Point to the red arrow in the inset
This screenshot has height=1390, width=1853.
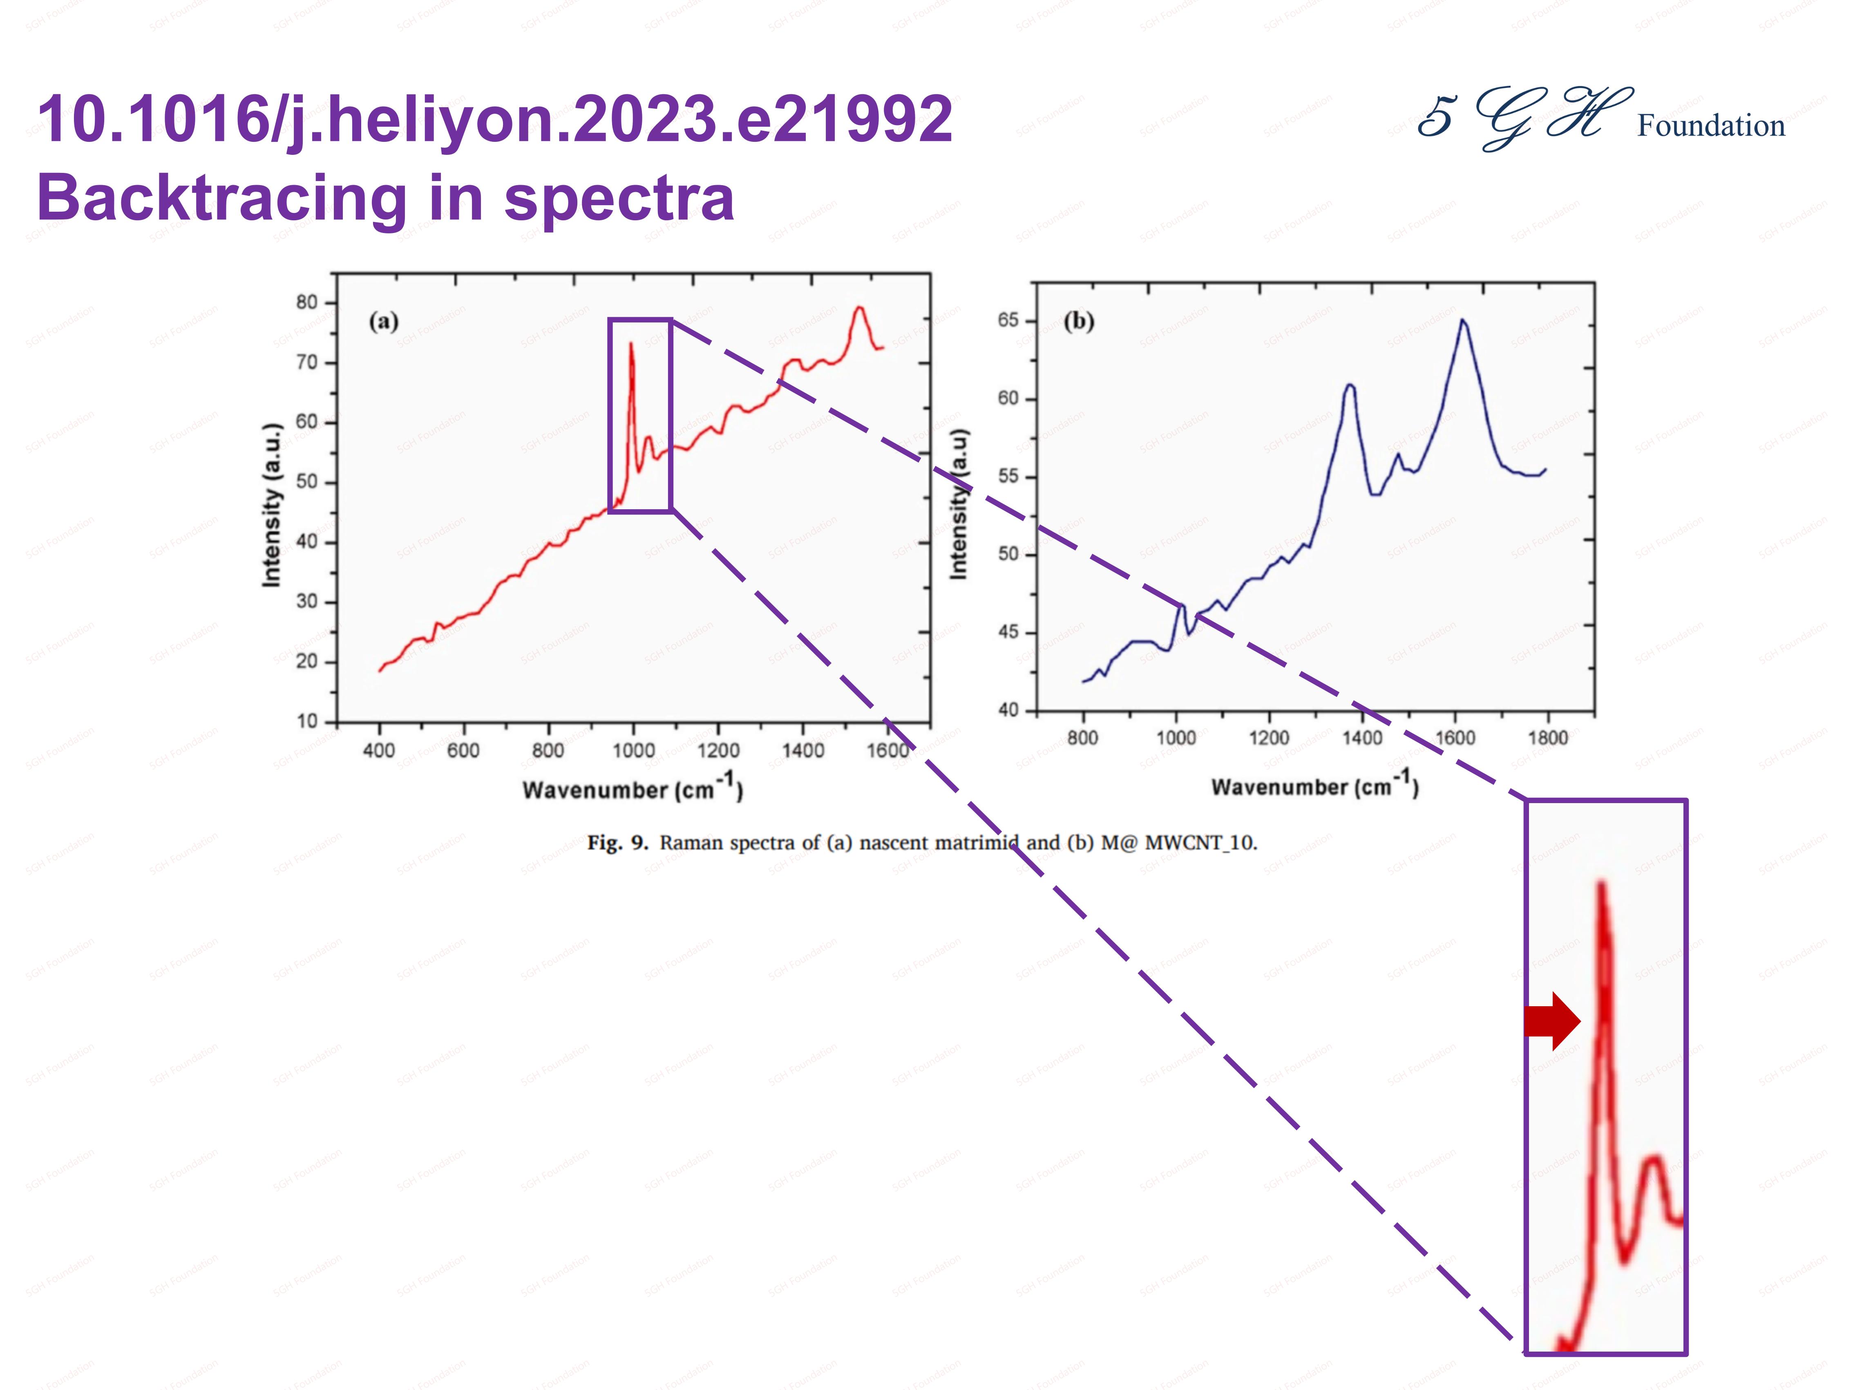1551,1021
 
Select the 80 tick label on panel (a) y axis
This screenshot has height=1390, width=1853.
306,302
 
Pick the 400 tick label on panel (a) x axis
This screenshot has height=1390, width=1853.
379,750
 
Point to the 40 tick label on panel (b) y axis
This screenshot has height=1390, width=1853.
1008,710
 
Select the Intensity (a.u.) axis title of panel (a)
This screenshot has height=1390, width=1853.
271,505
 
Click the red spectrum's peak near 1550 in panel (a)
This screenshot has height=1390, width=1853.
858,308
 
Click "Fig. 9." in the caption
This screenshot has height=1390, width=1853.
617,842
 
